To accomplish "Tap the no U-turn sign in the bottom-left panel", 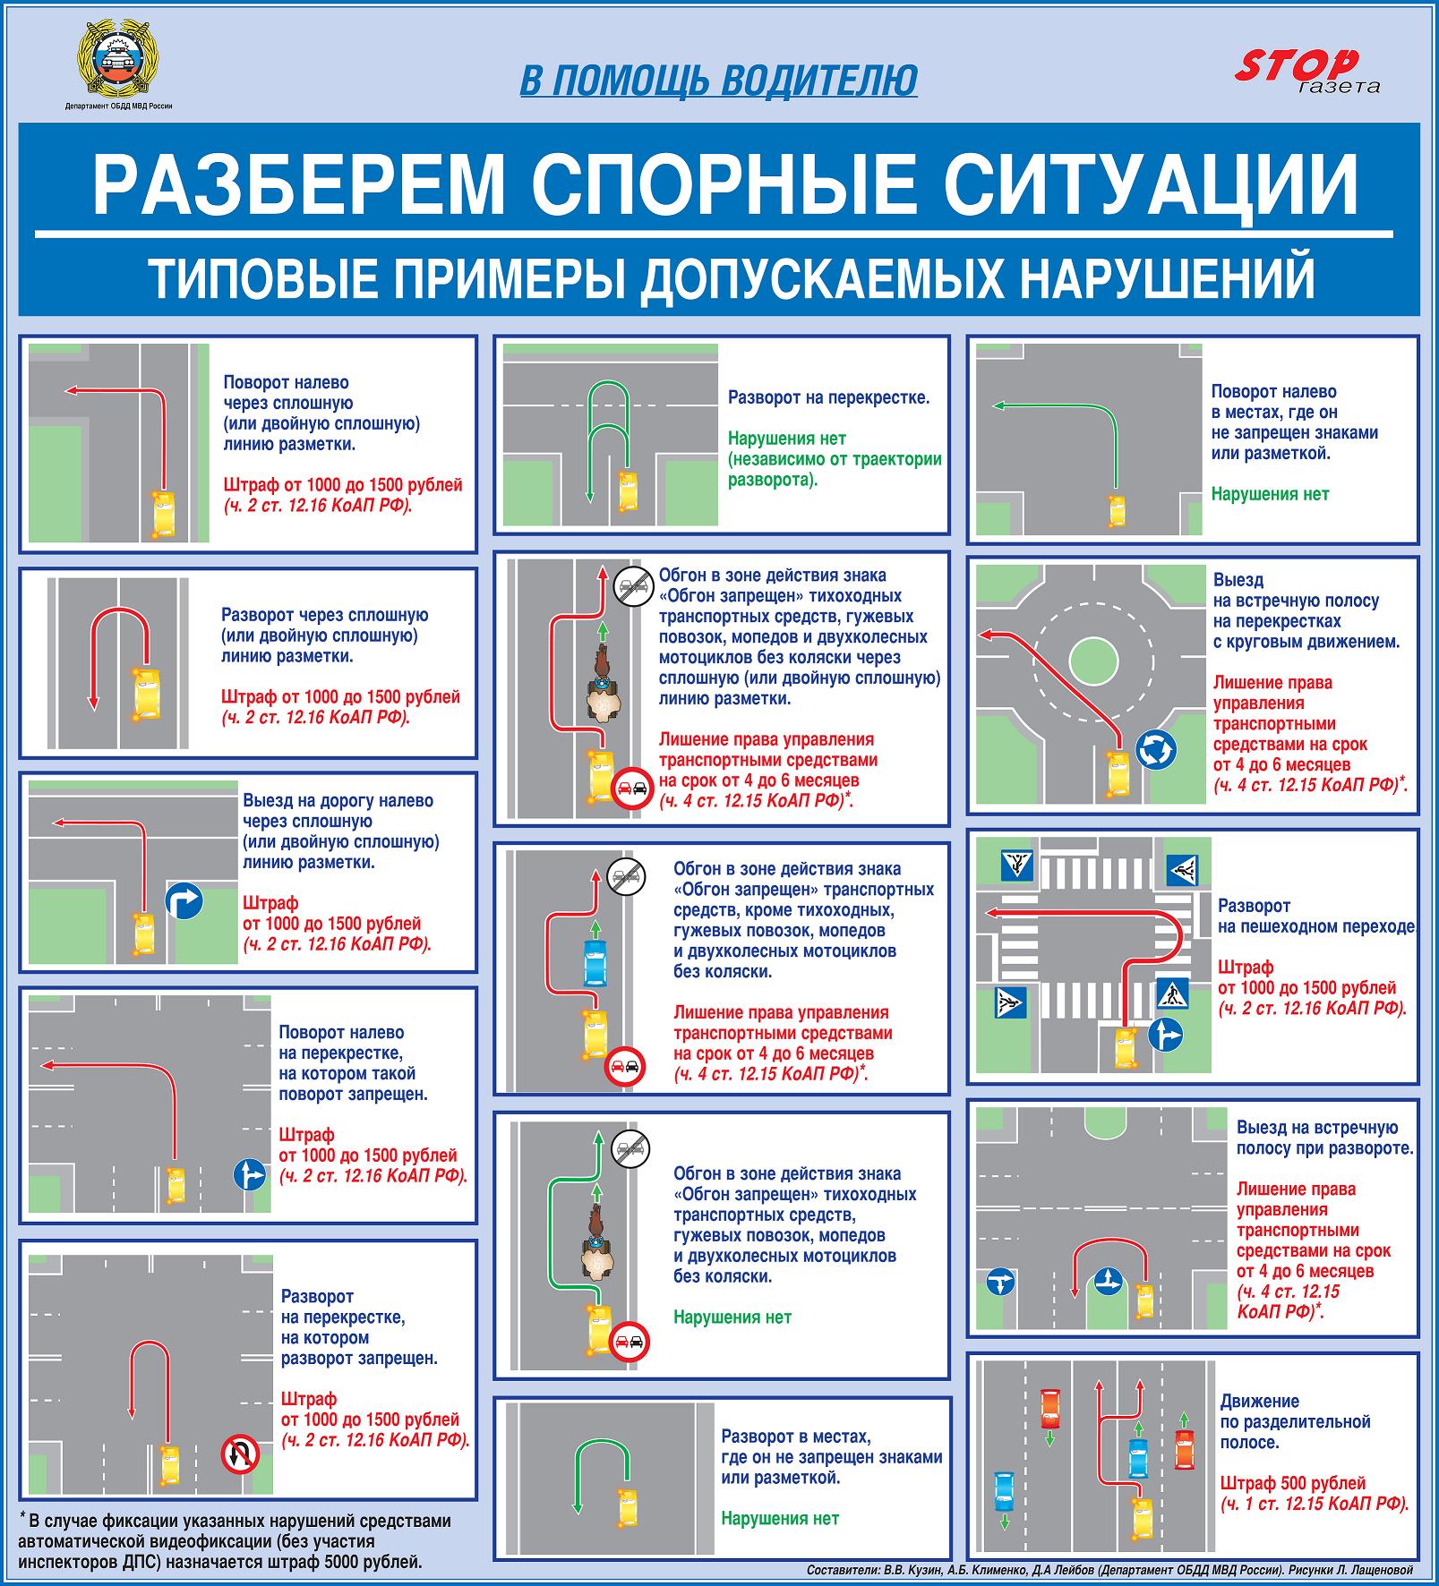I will point(240,1454).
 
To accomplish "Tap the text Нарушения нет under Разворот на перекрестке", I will point(786,439).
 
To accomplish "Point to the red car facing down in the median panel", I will point(1049,1411).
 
